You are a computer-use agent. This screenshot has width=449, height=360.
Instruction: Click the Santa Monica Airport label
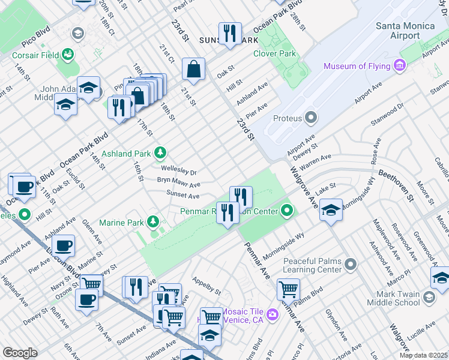pyautogui.click(x=405, y=31)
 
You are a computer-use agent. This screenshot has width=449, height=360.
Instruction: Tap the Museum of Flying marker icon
pyautogui.click(x=400, y=65)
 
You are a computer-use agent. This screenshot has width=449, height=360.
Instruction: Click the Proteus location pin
pyautogui.click(x=311, y=117)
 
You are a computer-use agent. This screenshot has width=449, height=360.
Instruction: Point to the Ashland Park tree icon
pyautogui.click(x=160, y=154)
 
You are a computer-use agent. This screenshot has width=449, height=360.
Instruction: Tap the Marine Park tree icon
pyautogui.click(x=153, y=223)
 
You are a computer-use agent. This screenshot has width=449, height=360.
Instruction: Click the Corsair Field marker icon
pyautogui.click(x=69, y=55)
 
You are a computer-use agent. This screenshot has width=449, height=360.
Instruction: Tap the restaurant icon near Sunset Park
pyautogui.click(x=230, y=33)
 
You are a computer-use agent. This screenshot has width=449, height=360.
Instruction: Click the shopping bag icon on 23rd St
pyautogui.click(x=194, y=69)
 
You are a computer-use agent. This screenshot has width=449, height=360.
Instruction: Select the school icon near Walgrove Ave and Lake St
pyautogui.click(x=330, y=209)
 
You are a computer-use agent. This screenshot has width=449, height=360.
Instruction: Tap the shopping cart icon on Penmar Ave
pyautogui.click(x=288, y=289)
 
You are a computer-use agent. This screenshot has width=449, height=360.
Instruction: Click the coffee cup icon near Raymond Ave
pyautogui.click(x=63, y=245)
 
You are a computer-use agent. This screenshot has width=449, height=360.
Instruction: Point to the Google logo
pyautogui.click(x=20, y=353)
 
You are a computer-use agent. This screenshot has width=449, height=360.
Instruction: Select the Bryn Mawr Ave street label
pyautogui.click(x=178, y=182)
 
